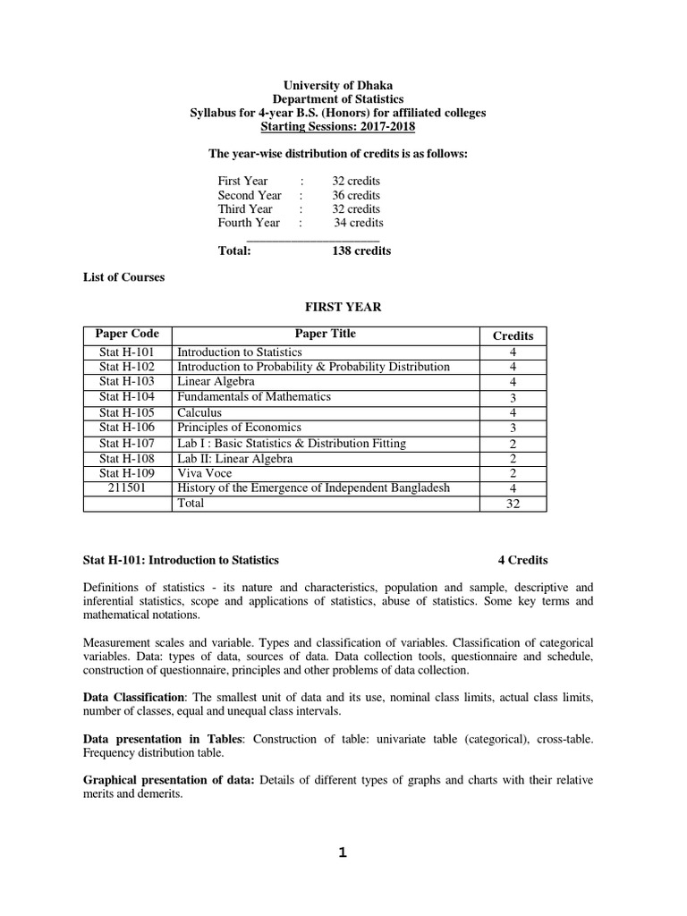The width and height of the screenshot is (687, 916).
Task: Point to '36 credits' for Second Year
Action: tap(356, 195)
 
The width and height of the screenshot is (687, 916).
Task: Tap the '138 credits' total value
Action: tap(361, 251)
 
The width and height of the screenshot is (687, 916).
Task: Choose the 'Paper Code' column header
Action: tap(127, 335)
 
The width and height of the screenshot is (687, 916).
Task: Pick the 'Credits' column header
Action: tap(513, 336)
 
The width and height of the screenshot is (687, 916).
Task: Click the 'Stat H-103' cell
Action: tap(127, 382)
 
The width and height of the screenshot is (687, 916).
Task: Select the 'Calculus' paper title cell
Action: tap(199, 412)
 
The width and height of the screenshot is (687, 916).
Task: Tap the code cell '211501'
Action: tap(127, 488)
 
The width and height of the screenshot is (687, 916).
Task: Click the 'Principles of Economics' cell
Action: tap(239, 428)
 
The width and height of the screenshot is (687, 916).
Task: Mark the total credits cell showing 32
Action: tap(513, 504)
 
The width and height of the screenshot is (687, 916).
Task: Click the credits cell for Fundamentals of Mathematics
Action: tap(513, 398)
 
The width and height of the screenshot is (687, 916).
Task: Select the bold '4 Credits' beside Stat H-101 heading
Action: tap(522, 560)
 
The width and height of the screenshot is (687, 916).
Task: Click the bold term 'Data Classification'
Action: tap(133, 697)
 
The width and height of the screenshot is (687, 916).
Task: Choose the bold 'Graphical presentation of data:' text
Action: tap(169, 780)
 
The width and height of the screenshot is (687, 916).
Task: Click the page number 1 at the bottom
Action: tap(342, 852)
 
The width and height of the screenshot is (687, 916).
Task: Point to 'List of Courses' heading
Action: tap(123, 277)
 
